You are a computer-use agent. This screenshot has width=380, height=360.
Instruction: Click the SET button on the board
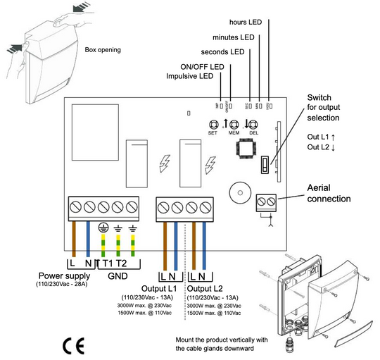pyautogui.click(x=213, y=122)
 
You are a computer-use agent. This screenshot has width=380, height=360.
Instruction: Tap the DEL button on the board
pyautogui.click(x=253, y=122)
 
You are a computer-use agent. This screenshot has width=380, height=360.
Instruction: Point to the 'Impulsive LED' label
pyautogui.click(x=189, y=76)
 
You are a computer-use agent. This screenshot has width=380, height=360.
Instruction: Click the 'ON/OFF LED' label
pyautogui.click(x=203, y=66)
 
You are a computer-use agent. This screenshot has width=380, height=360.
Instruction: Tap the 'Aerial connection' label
pyautogui.click(x=329, y=193)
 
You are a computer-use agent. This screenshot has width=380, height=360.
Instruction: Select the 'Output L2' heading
pyautogui.click(x=208, y=289)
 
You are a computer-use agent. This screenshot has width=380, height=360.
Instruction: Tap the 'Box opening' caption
pyautogui.click(x=103, y=50)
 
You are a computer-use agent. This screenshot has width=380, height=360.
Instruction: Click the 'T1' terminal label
pyautogui.click(x=108, y=263)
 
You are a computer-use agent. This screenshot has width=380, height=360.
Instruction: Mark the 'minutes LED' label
pyautogui.click(x=234, y=37)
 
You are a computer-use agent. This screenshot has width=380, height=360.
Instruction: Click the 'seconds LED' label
pyautogui.click(x=222, y=52)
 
